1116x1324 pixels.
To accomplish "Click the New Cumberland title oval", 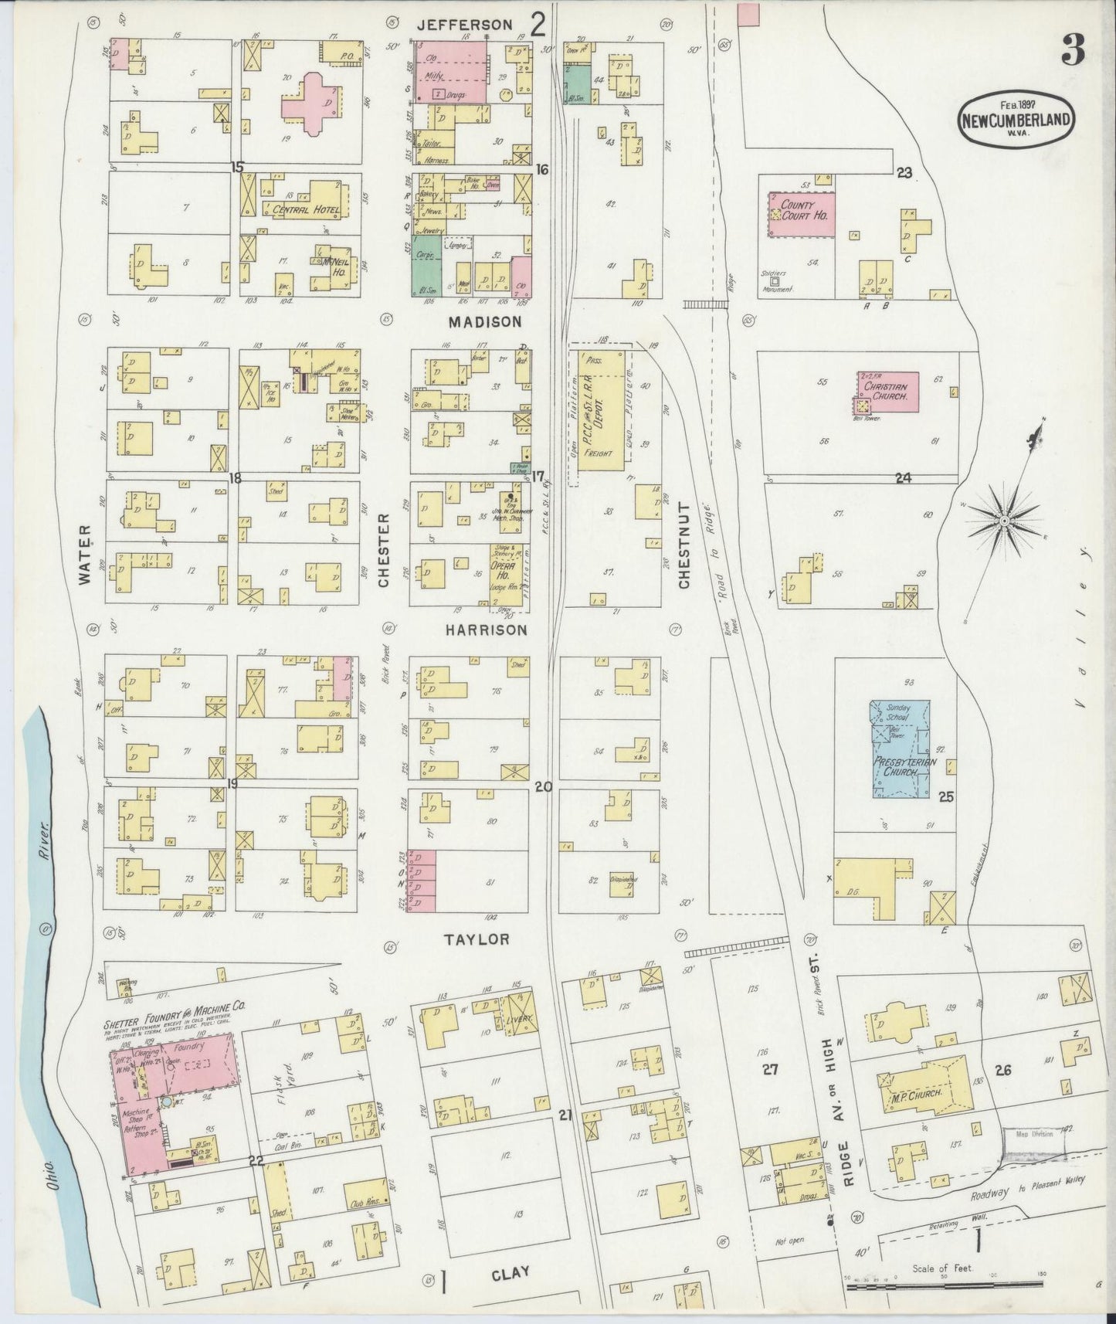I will (x=1016, y=120).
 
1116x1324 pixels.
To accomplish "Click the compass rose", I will (x=1004, y=522).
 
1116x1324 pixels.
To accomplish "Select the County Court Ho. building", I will (x=801, y=210).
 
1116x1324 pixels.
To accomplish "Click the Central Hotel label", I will (x=297, y=209).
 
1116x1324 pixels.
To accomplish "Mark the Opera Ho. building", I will (x=504, y=569).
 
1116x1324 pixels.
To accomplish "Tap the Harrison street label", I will (x=487, y=630).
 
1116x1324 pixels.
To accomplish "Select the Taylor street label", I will (x=477, y=939).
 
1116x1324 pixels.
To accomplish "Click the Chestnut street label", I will (x=684, y=545).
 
